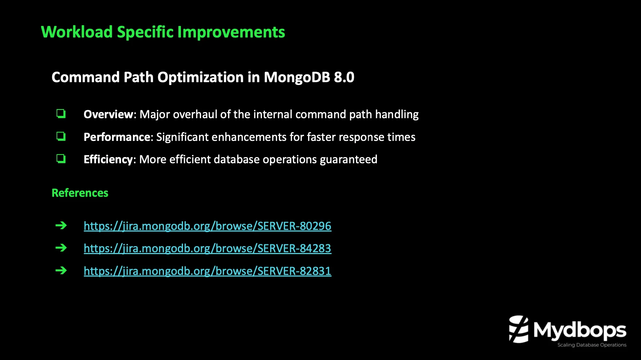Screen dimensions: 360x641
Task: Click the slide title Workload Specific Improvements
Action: [163, 32]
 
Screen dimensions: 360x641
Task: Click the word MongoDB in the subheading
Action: [297, 77]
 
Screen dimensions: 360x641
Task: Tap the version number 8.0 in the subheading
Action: [344, 77]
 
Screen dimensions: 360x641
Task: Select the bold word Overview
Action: [108, 114]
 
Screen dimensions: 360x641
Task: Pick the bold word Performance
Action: [117, 137]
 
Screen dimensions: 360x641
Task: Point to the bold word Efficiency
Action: [108, 159]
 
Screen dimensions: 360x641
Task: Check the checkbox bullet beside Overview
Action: [61, 114]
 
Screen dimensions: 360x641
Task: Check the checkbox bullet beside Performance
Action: [61, 136]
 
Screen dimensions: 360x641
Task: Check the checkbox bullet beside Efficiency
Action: [61, 159]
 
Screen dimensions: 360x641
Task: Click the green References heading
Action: [80, 193]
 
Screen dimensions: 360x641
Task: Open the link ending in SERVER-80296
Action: [207, 226]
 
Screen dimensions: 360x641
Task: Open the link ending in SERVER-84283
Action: [207, 248]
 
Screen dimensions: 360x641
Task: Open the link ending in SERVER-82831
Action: [207, 271]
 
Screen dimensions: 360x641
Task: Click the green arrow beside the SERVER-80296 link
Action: [61, 226]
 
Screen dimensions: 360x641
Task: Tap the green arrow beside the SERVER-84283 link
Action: [61, 248]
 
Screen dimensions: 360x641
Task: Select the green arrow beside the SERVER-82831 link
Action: [61, 270]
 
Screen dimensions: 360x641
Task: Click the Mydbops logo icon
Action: [518, 329]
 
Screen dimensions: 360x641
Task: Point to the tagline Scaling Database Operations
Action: [592, 345]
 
